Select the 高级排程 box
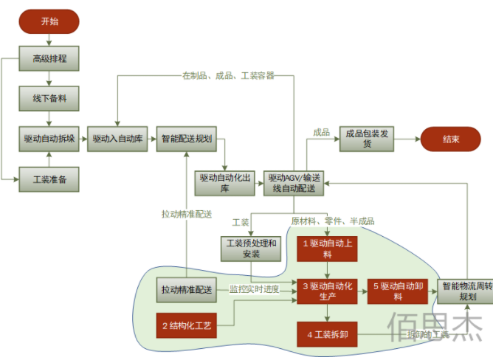point(49,58)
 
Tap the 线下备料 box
point(49,97)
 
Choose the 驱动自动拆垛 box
point(49,138)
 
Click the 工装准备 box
point(49,179)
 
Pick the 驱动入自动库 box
point(117,138)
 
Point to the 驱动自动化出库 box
point(225,183)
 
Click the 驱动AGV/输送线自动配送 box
point(294,183)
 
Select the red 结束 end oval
point(449,139)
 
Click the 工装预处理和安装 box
point(252,249)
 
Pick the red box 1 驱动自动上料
point(327,248)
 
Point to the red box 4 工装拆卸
point(327,335)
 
